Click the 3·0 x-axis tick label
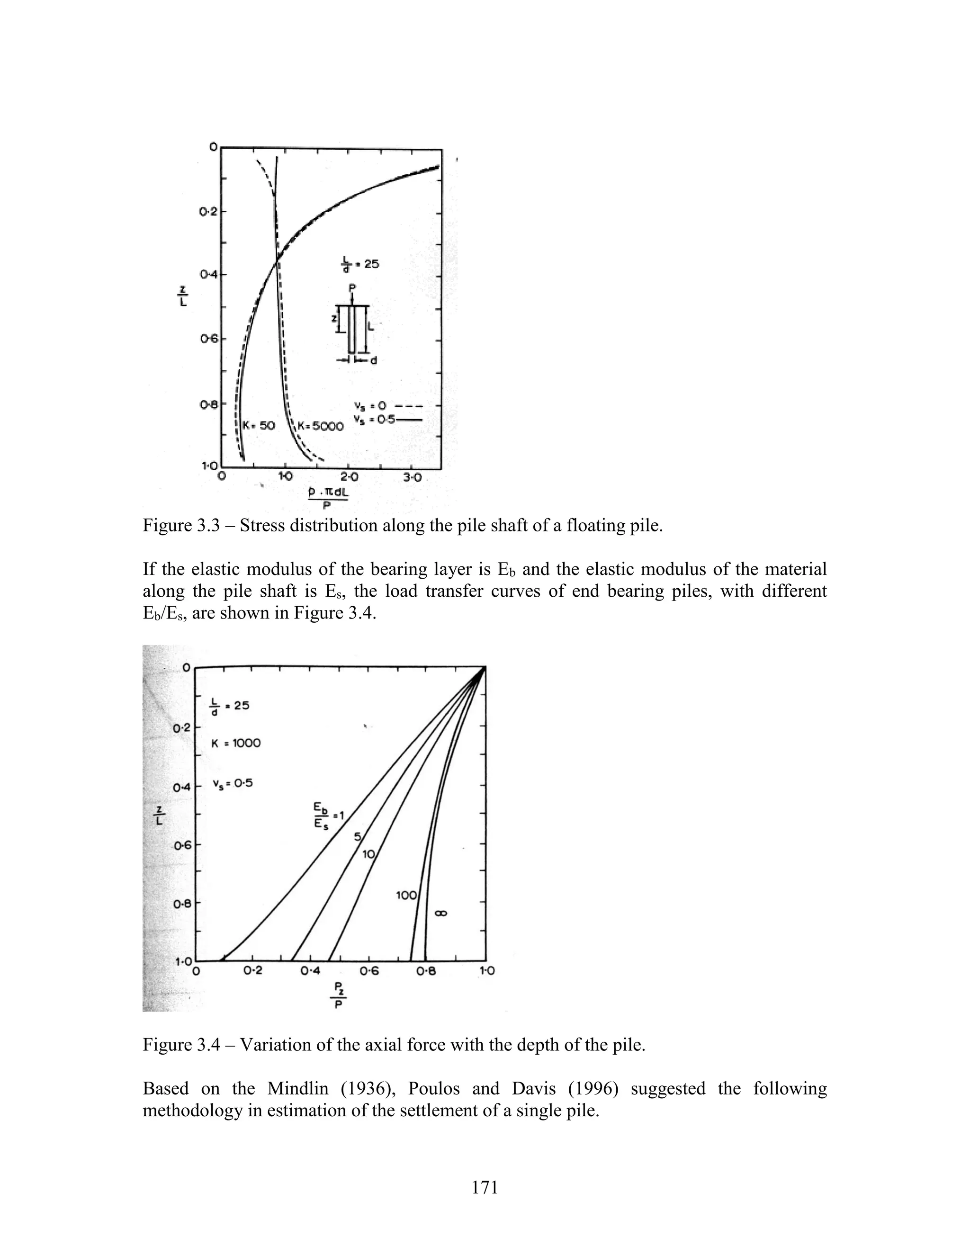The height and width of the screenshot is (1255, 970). (413, 477)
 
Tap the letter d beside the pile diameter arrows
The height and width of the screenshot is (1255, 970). (374, 361)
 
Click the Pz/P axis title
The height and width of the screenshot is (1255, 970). (339, 996)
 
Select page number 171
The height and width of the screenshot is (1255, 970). (485, 1187)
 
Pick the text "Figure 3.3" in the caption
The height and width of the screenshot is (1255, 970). (181, 525)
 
